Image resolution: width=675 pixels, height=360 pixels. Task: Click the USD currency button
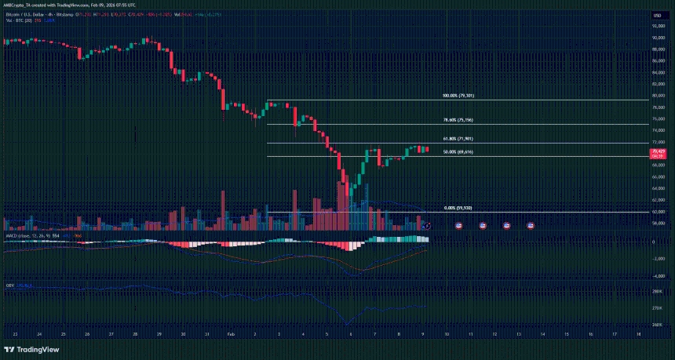click(x=655, y=15)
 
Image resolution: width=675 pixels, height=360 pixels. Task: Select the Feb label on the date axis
click(x=232, y=333)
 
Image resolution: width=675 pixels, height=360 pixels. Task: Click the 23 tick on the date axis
click(x=15, y=333)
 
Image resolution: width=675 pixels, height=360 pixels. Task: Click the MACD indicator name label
click(x=12, y=235)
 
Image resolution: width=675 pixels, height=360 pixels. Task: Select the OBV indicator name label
click(x=9, y=285)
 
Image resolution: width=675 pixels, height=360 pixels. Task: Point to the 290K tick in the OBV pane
click(x=656, y=291)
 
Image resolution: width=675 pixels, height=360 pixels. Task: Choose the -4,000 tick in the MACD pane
click(x=657, y=275)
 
